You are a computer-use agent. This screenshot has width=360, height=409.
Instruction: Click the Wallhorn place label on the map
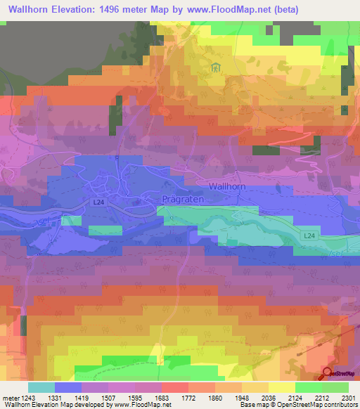(228, 186)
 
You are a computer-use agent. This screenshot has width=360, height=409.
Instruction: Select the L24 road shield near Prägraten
(98, 201)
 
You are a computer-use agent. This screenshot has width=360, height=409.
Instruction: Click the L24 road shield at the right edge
(309, 236)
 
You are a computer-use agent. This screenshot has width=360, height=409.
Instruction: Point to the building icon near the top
(215, 68)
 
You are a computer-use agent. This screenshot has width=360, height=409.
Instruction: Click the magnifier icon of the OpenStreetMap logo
(328, 373)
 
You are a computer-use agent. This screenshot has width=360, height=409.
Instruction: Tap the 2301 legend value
(348, 397)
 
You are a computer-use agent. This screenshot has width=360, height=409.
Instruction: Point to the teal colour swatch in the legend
(41, 387)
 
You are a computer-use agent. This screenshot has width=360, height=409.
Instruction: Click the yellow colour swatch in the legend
(281, 387)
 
